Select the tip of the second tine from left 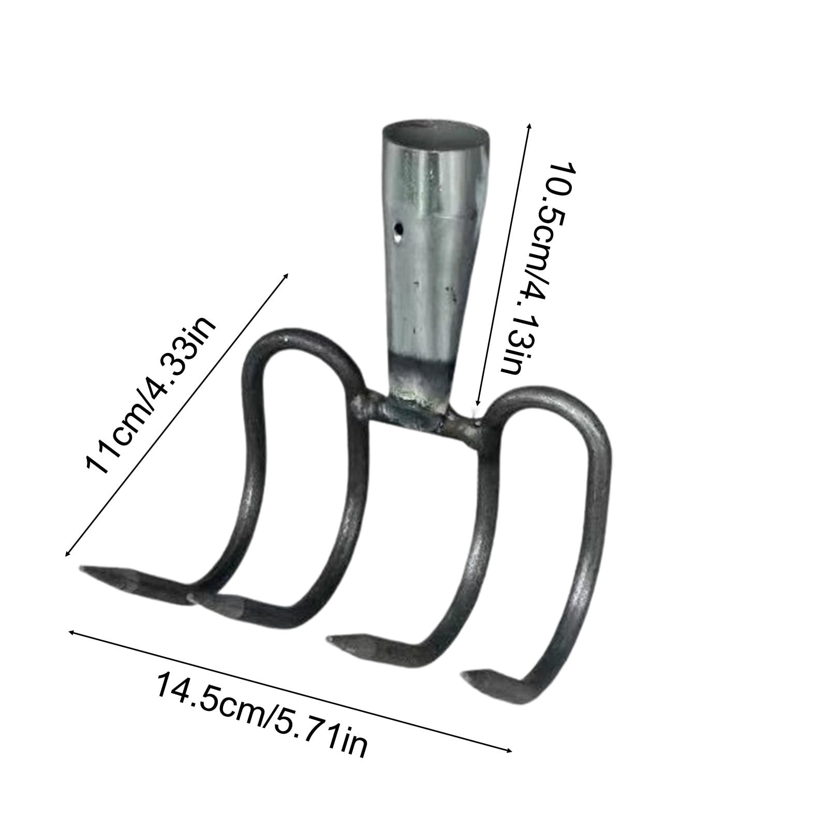tap(190, 598)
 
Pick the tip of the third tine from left tap(332, 642)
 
